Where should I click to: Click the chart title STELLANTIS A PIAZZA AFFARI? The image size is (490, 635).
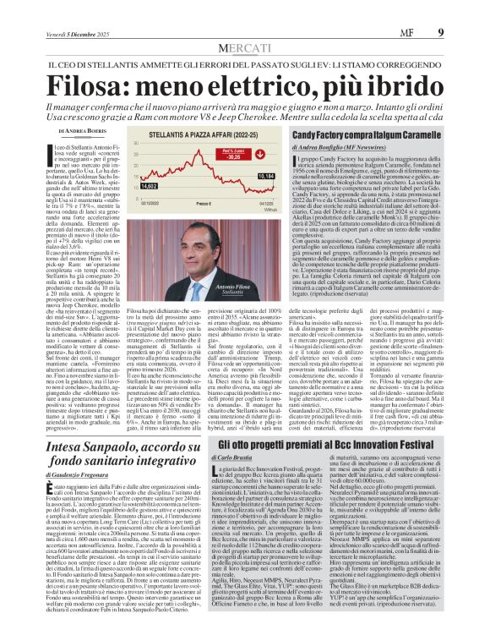pos(181,134)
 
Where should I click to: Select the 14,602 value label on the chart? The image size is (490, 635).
pos(126,185)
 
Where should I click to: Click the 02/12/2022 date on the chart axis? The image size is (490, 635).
pos(127,203)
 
